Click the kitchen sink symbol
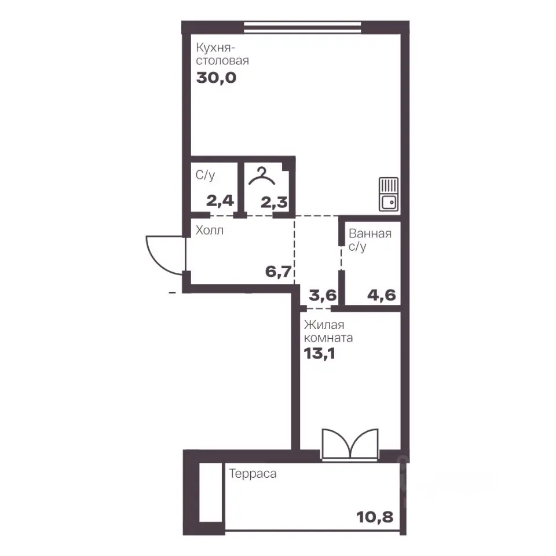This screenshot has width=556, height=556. [389, 194]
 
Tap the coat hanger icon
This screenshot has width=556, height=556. [262, 176]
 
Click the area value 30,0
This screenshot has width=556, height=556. [216, 78]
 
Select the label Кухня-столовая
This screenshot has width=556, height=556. [222, 54]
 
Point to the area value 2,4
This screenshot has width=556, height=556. [220, 201]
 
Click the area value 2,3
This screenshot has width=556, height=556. [274, 203]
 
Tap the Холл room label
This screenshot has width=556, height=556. [210, 231]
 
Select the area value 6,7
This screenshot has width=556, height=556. [279, 272]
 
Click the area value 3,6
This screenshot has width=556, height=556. [323, 295]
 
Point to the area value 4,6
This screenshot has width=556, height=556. [382, 295]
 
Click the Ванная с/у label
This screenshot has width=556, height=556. [370, 240]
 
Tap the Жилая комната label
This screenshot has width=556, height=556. [328, 331]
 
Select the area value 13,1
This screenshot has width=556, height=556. [320, 353]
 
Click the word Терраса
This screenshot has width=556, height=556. [253, 474]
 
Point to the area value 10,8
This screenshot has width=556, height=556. [375, 517]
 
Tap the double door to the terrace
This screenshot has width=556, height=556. [350, 445]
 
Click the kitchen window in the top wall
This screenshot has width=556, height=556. [303, 28]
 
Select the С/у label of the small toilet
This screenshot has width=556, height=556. [205, 175]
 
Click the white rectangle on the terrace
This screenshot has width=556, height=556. [211, 492]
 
